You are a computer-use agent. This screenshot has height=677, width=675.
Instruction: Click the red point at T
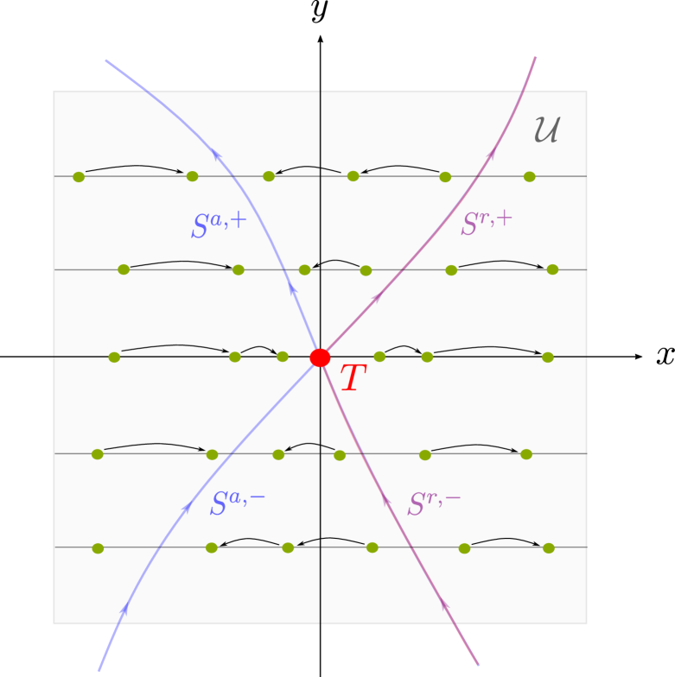click(x=320, y=357)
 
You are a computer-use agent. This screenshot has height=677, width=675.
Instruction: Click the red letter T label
click(x=353, y=379)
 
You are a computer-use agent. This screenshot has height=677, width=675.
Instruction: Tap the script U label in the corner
click(x=546, y=130)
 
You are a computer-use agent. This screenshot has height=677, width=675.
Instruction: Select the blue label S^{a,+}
click(x=219, y=225)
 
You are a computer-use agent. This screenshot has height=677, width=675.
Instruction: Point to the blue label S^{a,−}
click(x=237, y=503)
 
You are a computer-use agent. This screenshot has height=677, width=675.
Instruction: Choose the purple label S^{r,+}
click(x=487, y=223)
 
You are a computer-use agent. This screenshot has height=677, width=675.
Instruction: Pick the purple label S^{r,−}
click(x=434, y=503)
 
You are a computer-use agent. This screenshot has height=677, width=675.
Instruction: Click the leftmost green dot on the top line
click(x=79, y=177)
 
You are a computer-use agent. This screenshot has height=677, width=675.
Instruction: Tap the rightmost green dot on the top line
click(x=529, y=177)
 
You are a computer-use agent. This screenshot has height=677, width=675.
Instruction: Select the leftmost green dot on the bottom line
click(x=98, y=548)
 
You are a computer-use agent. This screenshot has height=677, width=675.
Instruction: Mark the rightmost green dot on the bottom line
click(x=548, y=548)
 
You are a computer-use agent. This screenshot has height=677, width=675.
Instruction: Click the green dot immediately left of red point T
click(x=283, y=357)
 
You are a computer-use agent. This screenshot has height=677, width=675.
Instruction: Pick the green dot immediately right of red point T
click(x=379, y=357)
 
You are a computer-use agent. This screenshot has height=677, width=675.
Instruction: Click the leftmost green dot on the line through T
click(x=114, y=357)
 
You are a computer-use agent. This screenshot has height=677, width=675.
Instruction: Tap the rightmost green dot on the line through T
click(x=547, y=357)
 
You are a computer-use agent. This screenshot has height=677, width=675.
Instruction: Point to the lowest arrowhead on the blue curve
click(x=124, y=609)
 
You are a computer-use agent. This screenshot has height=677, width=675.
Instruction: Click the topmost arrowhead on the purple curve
click(x=492, y=153)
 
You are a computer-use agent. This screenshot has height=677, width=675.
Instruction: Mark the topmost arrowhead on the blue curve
click(x=216, y=154)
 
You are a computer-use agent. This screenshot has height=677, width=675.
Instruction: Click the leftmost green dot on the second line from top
click(x=124, y=269)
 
